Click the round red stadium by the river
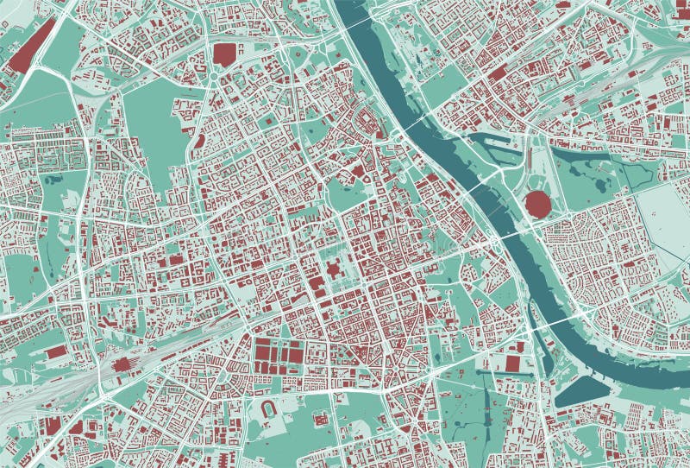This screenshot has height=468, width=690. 537,205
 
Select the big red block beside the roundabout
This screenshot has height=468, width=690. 223,54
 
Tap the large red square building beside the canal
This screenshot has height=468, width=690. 514,364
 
